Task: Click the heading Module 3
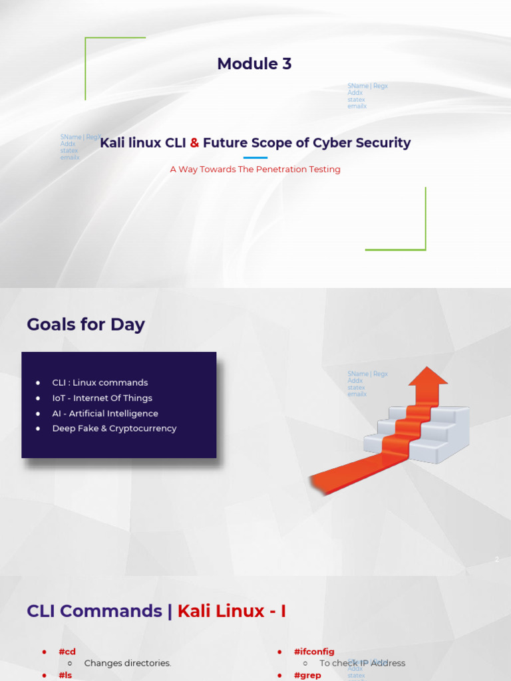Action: (254, 64)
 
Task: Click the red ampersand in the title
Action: (194, 143)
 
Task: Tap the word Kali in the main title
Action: (112, 143)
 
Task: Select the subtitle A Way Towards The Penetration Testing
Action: (255, 170)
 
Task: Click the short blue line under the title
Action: (255, 158)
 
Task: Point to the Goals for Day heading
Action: (86, 325)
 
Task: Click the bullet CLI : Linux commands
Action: (100, 383)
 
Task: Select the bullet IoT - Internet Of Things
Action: (102, 398)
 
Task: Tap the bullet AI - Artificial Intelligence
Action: (105, 414)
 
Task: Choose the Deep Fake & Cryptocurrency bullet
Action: (114, 429)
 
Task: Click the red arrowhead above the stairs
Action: (428, 377)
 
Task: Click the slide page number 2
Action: (496, 560)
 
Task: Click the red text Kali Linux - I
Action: (232, 611)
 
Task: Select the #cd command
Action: (67, 652)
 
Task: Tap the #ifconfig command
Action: (314, 652)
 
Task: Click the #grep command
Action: (307, 675)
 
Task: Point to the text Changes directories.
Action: (128, 663)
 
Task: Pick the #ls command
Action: (65, 675)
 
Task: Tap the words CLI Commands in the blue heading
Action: (94, 611)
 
